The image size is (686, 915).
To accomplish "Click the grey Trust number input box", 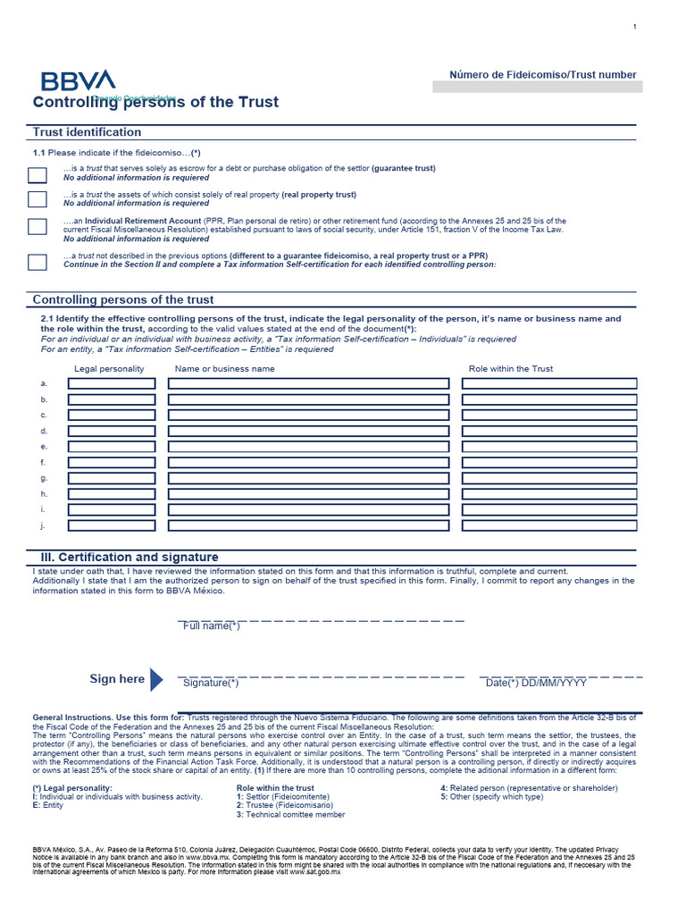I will (537, 87).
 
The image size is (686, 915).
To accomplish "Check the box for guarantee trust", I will (37, 174).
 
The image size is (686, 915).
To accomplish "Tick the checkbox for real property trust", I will (37, 198).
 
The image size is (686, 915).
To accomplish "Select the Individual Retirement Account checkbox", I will (37, 226).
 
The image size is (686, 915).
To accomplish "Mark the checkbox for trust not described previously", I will (37, 262).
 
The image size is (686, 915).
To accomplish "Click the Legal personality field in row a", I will (112, 383).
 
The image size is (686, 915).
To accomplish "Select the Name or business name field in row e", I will (308, 446).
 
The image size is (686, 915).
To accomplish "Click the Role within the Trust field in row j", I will (549, 525).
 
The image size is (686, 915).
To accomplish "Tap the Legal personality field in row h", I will (112, 493).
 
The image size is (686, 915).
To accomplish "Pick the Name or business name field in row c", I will (308, 415).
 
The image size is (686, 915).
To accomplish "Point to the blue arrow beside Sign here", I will (157, 679).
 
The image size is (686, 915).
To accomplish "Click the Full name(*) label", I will (212, 626).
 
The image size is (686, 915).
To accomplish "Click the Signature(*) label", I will (211, 684).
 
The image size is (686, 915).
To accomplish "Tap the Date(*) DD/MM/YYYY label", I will (536, 684).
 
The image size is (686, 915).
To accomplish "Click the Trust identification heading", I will (87, 132).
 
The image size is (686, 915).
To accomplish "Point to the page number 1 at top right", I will (634, 27).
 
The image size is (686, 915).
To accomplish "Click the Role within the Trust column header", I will (510, 368).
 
